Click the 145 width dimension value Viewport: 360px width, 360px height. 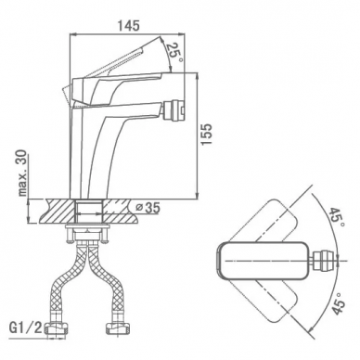point(128,26)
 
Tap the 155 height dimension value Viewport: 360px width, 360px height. point(207,134)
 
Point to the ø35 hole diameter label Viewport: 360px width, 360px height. point(148,208)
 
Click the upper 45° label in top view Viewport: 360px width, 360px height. point(337,220)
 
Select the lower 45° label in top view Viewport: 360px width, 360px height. point(338,303)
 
